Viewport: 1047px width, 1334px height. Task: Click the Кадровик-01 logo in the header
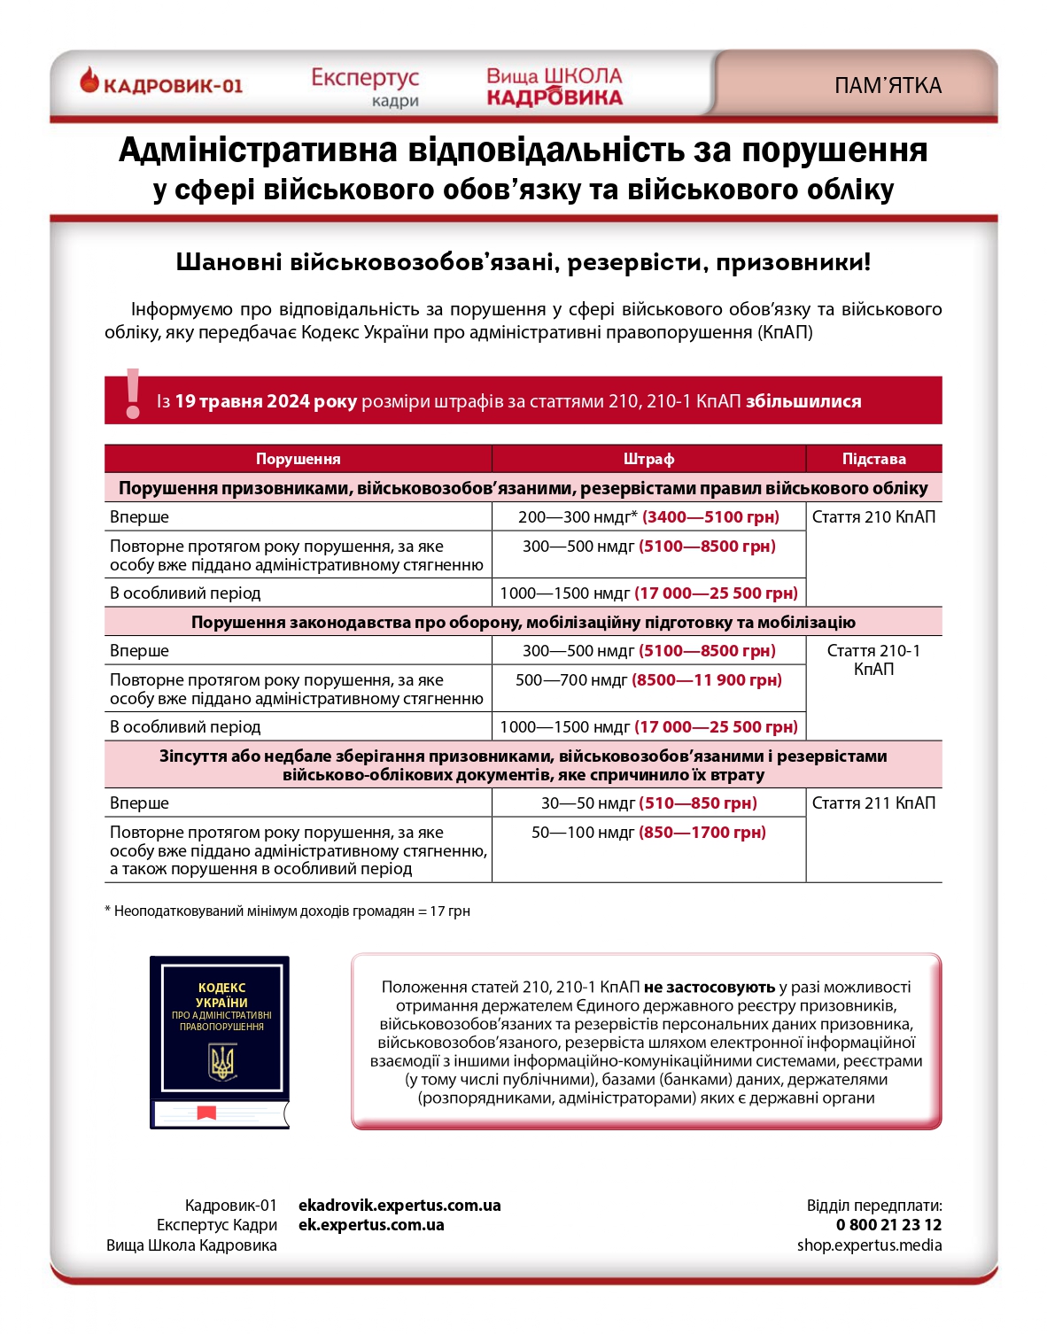click(161, 84)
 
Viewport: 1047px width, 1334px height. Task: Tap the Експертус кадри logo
click(365, 87)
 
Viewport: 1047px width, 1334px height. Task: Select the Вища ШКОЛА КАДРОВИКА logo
click(555, 87)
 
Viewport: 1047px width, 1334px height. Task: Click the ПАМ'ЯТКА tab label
click(888, 86)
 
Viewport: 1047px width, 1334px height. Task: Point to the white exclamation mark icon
click(133, 394)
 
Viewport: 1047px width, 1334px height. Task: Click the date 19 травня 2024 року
click(266, 401)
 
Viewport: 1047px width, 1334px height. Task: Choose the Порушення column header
click(298, 459)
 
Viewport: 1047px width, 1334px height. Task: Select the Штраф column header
click(648, 459)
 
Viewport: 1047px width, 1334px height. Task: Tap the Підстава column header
click(873, 459)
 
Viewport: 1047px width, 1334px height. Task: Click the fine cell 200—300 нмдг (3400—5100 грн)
click(648, 517)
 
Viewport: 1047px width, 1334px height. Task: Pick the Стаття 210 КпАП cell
click(873, 517)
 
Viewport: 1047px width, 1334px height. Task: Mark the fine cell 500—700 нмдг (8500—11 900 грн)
click(648, 680)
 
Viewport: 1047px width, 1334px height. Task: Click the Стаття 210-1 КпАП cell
click(873, 660)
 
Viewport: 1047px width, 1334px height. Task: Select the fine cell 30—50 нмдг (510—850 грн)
click(648, 803)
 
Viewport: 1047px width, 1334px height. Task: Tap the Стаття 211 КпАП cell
click(873, 803)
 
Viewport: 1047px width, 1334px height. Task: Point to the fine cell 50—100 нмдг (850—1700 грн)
click(648, 833)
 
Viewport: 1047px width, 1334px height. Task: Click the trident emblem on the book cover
click(221, 1062)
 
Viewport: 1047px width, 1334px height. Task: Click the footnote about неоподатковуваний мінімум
click(287, 911)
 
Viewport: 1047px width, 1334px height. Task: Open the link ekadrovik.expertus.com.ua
click(399, 1206)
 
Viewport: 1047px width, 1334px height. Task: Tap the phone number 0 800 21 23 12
click(888, 1225)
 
